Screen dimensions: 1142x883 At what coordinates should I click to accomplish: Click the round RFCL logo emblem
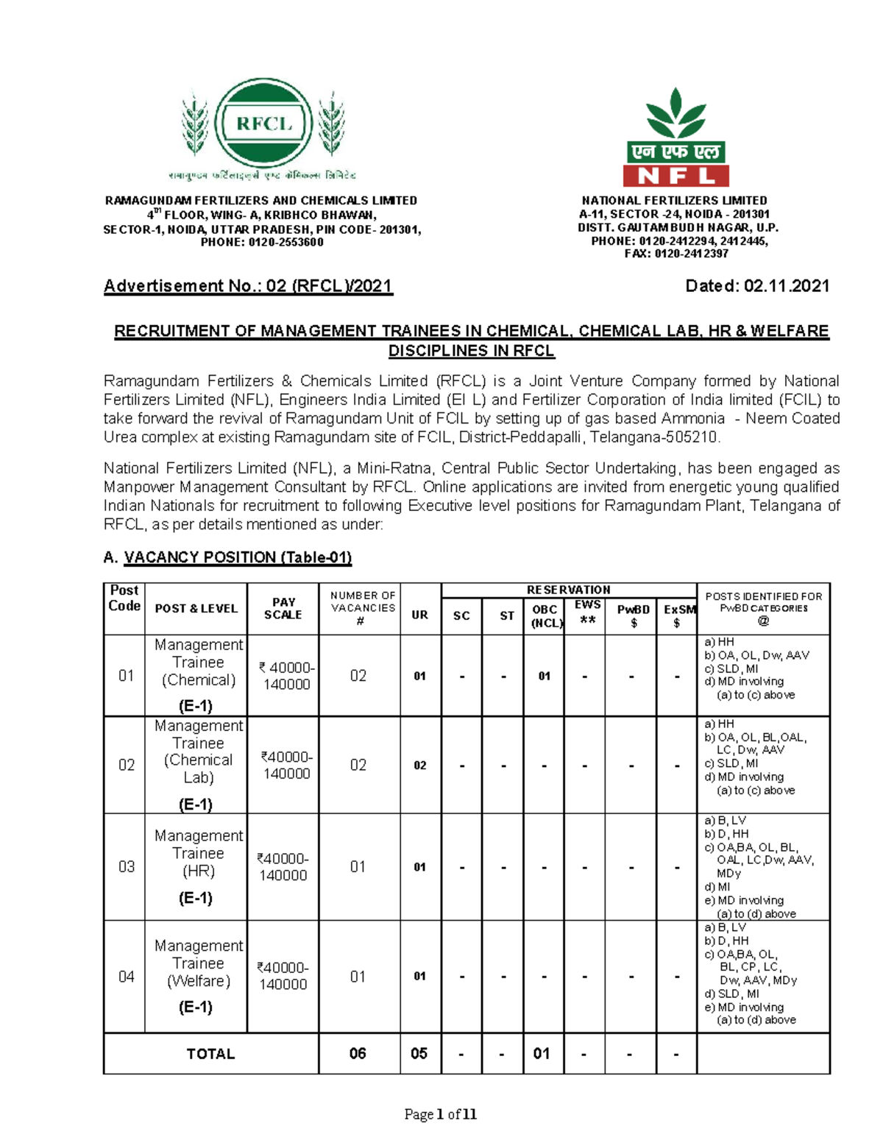(263, 124)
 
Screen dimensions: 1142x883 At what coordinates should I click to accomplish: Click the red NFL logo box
(675, 176)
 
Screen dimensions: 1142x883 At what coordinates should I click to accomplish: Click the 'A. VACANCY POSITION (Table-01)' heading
(228, 557)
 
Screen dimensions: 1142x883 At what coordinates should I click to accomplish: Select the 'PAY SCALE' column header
(283, 608)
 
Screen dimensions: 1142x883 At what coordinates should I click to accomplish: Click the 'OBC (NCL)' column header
(545, 616)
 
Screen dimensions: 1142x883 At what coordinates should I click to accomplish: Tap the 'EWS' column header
(587, 611)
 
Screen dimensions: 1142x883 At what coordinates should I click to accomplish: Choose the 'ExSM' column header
(678, 616)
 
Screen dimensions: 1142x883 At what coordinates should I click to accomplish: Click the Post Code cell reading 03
(127, 866)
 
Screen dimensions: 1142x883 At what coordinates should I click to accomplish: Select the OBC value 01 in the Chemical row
(544, 676)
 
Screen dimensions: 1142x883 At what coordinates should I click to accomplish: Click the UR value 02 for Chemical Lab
(419, 765)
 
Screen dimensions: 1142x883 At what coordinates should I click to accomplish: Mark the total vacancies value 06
(358, 1054)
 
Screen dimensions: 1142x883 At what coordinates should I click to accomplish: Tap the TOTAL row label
(210, 1054)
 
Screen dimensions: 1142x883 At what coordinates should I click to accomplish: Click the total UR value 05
(419, 1054)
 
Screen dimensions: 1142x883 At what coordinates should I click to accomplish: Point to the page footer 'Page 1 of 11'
(440, 1114)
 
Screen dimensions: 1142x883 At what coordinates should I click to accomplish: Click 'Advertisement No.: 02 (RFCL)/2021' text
(248, 286)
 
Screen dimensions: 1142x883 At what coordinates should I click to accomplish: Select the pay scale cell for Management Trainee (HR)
(283, 867)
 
